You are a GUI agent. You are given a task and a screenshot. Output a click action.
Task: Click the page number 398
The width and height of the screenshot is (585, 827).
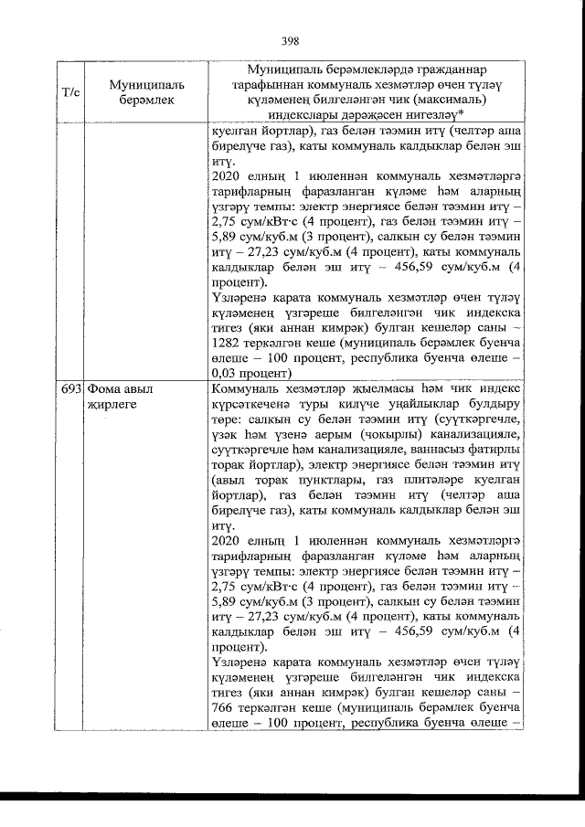[x=291, y=40]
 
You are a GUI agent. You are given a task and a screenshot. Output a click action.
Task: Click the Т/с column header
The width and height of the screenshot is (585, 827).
[x=69, y=91]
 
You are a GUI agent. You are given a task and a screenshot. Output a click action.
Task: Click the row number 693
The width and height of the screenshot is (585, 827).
[x=71, y=388]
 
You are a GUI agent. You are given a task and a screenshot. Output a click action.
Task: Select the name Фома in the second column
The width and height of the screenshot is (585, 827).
[x=105, y=388]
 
